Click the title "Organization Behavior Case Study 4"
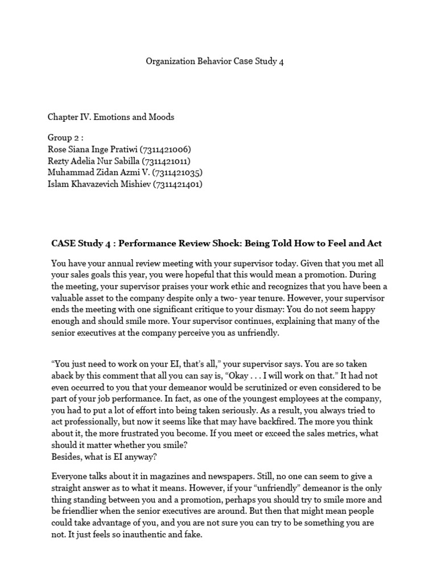point(215,61)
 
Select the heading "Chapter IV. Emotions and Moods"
point(110,117)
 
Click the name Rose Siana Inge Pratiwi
point(98,150)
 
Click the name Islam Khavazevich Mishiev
point(98,184)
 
